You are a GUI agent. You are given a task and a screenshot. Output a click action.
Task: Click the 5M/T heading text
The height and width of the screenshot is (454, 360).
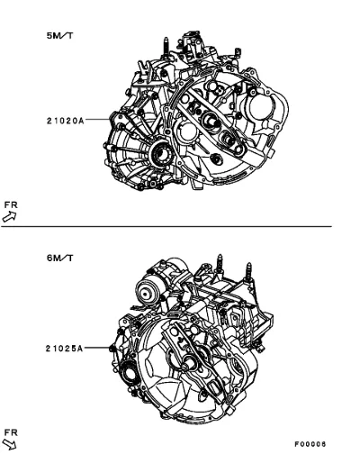click(59, 35)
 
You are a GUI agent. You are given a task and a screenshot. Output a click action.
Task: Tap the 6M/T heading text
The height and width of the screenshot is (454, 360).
click(59, 258)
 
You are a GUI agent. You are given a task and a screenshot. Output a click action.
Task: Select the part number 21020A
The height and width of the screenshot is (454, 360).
click(65, 121)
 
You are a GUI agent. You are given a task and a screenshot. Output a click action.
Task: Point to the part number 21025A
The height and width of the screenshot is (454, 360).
click(64, 349)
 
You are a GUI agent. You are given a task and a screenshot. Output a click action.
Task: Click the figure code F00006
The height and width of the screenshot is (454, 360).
click(310, 444)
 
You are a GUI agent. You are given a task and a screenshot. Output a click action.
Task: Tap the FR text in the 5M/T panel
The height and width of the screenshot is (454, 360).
click(11, 205)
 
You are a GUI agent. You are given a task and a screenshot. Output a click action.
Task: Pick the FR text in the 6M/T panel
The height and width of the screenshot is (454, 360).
click(11, 432)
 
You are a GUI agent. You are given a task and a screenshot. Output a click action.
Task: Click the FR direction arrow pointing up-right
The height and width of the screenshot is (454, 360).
click(9, 216)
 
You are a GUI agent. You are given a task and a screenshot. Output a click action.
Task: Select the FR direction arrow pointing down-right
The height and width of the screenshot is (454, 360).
click(10, 445)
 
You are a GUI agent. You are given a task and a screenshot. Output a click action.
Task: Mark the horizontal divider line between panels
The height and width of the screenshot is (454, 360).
click(166, 226)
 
